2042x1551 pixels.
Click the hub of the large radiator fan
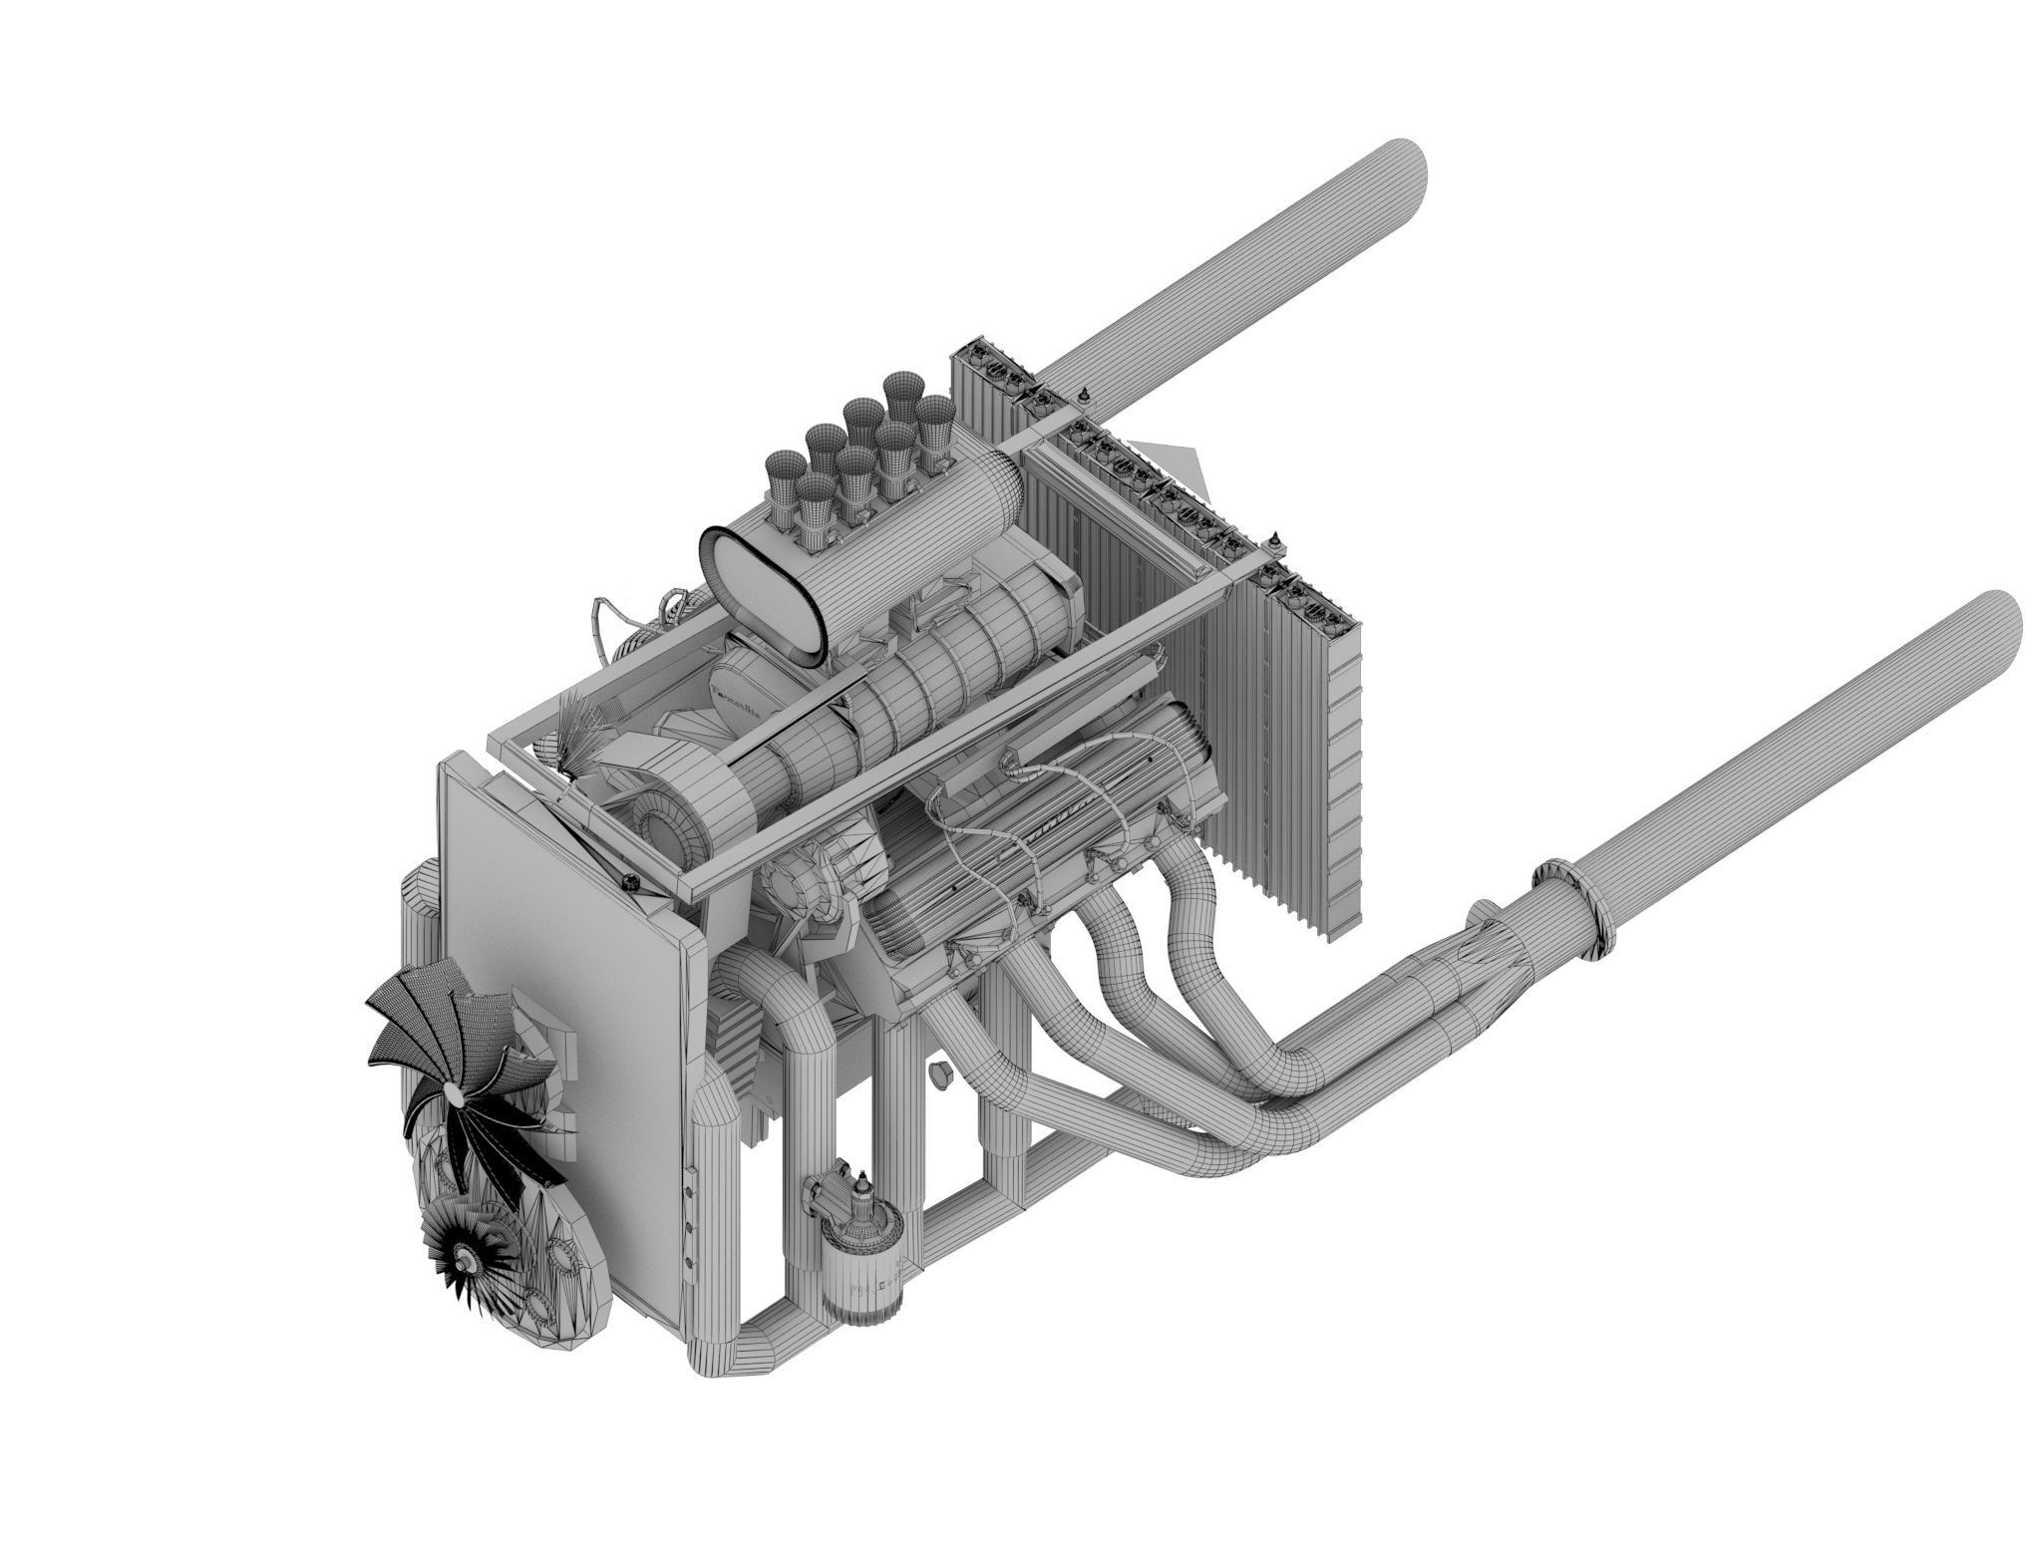click(455, 1093)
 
